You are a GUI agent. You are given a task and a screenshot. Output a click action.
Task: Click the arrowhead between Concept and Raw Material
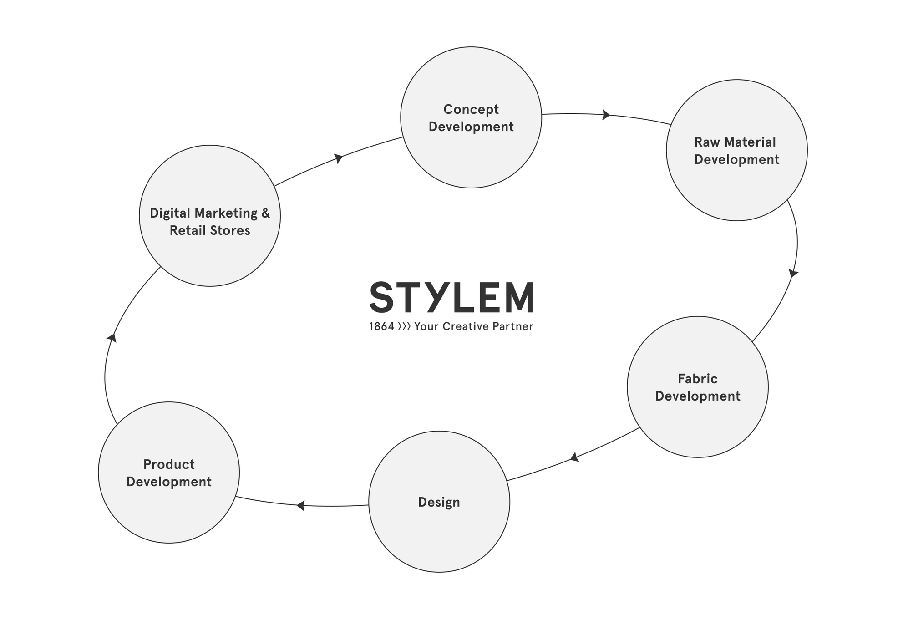[606, 115]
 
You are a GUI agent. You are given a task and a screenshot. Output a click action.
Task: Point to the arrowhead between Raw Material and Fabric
[793, 273]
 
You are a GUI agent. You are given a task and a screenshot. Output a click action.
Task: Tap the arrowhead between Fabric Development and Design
[575, 457]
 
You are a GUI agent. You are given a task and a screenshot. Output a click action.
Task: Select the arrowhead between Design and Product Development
[300, 505]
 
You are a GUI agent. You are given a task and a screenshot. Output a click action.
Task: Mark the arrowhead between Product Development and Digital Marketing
[112, 338]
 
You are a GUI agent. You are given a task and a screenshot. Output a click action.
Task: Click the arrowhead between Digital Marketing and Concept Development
[338, 158]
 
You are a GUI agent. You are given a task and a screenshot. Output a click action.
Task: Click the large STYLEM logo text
[451, 297]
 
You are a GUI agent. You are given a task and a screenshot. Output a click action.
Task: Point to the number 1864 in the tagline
[381, 326]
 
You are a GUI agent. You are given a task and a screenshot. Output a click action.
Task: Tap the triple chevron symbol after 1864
[404, 326]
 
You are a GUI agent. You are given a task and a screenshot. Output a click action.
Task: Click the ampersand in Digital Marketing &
[265, 213]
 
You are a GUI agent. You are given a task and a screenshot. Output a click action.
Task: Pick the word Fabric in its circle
[698, 379]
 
